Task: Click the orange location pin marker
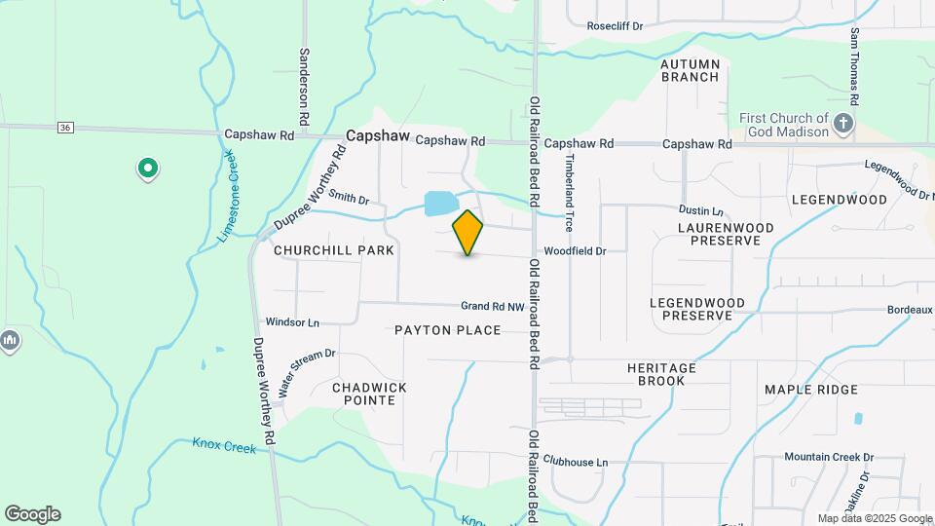467,232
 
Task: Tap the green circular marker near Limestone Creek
147,169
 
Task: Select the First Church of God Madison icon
844,124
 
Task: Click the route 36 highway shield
65,128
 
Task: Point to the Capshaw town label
378,138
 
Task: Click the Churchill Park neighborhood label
333,250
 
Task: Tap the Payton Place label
447,330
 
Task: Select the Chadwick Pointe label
369,394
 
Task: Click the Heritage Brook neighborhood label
661,374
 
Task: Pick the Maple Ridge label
811,390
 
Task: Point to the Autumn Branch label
691,70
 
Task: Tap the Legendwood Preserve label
696,309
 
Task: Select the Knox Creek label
224,446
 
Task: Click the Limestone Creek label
230,199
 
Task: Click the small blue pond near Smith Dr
439,204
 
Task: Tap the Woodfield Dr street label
575,251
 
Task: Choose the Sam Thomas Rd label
853,66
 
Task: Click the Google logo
32,514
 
